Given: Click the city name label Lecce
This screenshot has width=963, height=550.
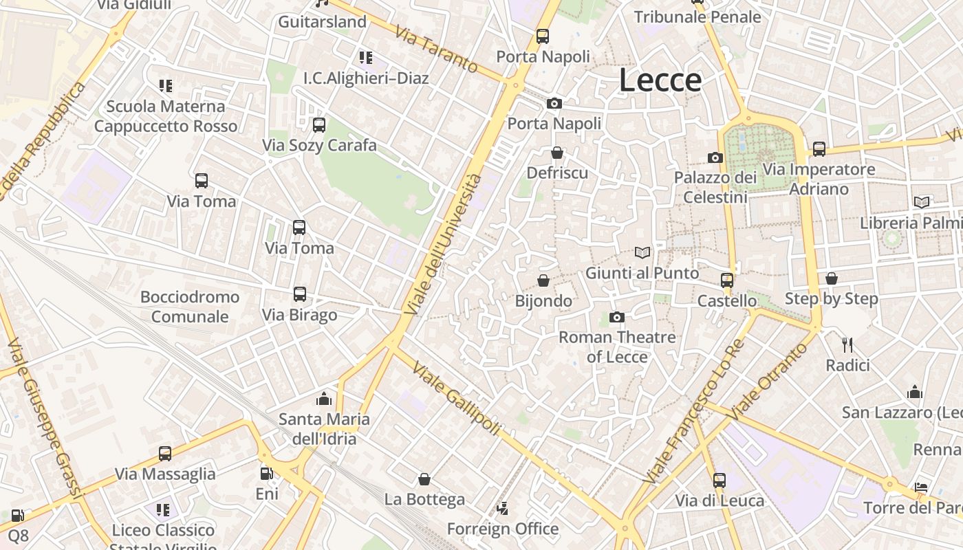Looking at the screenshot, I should (660, 80).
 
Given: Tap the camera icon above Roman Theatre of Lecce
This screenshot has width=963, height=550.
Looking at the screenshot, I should (617, 317).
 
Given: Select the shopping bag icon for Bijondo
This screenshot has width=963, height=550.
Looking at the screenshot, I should (543, 280).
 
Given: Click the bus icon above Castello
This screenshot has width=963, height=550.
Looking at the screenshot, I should (727, 280).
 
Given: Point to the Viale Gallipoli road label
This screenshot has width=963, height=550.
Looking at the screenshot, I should (456, 397).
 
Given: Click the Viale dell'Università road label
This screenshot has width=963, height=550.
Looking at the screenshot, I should (443, 245).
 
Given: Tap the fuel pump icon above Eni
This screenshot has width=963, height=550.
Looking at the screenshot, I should (266, 474).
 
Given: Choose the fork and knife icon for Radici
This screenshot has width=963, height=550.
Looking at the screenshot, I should (847, 344).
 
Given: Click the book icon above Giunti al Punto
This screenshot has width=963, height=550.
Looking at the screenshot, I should (642, 253).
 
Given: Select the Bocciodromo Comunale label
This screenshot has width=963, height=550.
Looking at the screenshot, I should (190, 307).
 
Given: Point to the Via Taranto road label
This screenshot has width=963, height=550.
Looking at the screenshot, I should (436, 50).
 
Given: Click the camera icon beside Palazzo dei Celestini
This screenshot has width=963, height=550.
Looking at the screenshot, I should (715, 157).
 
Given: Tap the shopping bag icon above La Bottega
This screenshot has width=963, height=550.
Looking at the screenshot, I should (424, 479).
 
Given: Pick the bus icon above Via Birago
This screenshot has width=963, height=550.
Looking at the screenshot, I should (300, 294).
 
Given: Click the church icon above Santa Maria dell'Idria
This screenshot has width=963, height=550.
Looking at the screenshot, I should (324, 399).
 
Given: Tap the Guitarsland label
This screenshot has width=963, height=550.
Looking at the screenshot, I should (322, 22).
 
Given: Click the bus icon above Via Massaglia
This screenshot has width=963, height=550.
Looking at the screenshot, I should (165, 454).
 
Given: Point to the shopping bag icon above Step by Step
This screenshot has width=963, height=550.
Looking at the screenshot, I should (832, 278).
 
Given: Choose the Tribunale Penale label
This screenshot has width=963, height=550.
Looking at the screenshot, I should (697, 17).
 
